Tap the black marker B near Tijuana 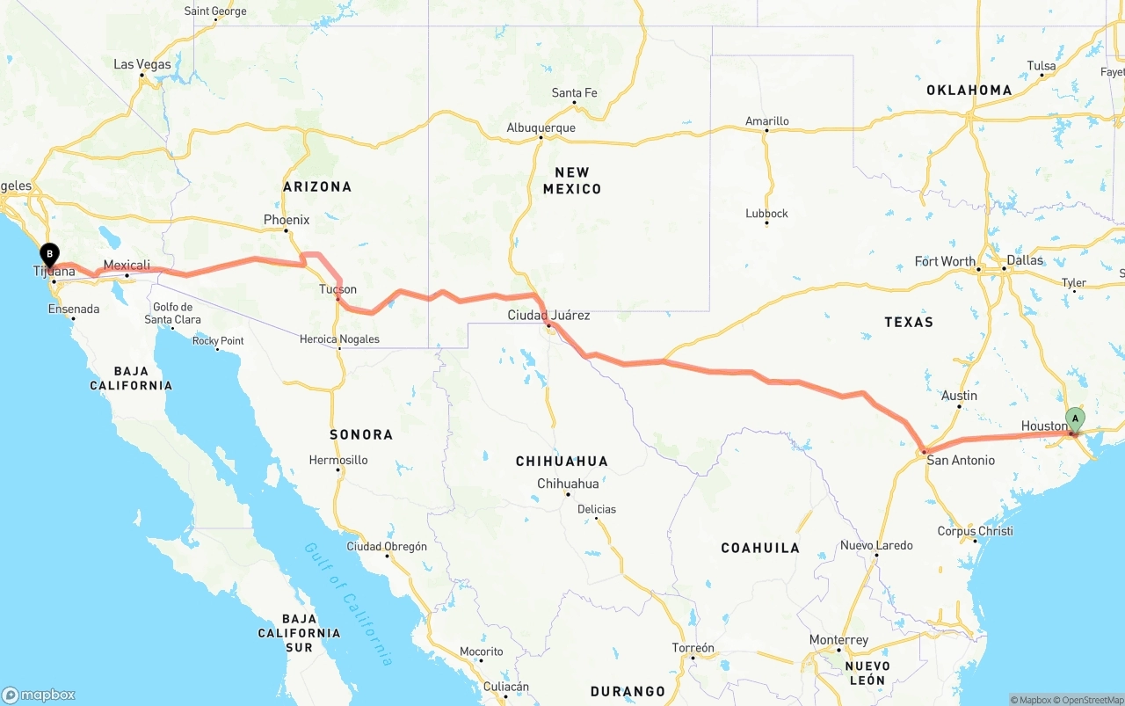pyautogui.click(x=50, y=255)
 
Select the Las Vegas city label pyautogui.click(x=142, y=64)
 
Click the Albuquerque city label pyautogui.click(x=541, y=127)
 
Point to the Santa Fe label pyautogui.click(x=574, y=93)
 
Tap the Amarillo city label pyautogui.click(x=766, y=121)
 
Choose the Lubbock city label pyautogui.click(x=766, y=214)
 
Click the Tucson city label pyautogui.click(x=337, y=289)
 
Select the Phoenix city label pyautogui.click(x=287, y=220)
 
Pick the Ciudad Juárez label pyautogui.click(x=548, y=315)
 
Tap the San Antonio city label pyautogui.click(x=961, y=460)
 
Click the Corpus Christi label pyautogui.click(x=975, y=531)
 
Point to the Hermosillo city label pyautogui.click(x=338, y=460)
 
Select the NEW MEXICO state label pyautogui.click(x=572, y=180)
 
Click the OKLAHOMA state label pyautogui.click(x=969, y=90)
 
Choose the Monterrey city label pyautogui.click(x=838, y=640)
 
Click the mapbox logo pyautogui.click(x=40, y=695)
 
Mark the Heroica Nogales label pyautogui.click(x=339, y=339)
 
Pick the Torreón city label pyautogui.click(x=693, y=648)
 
